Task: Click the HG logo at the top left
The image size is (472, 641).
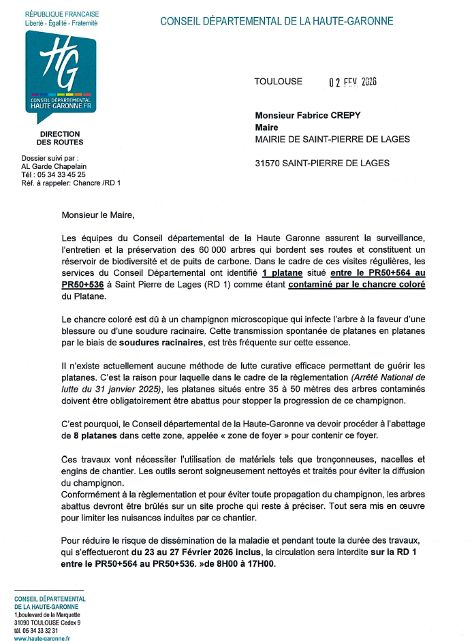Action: pos(61,71)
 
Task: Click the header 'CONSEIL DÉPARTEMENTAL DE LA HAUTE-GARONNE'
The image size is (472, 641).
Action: pos(277,21)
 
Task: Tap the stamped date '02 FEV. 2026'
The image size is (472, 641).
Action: pos(353,82)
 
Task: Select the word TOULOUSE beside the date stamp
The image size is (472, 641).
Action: pos(278,82)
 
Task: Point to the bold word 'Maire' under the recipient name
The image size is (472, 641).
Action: pos(266,127)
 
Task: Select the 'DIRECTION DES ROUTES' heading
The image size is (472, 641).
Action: pos(60,138)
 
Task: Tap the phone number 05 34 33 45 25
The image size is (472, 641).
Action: pos(66,174)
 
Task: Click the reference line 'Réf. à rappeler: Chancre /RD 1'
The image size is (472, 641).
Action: pos(71,183)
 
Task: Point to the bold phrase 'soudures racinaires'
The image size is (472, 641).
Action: pos(160,343)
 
